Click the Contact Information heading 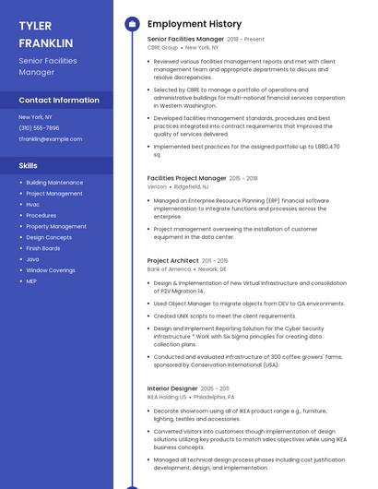click(x=59, y=100)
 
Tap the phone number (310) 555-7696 click(x=39, y=128)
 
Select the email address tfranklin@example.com click(x=51, y=138)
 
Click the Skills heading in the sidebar click(x=28, y=165)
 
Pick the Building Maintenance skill click(x=54, y=183)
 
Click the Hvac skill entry click(x=33, y=205)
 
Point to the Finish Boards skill click(x=43, y=248)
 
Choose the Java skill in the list click(x=32, y=259)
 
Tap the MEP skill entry click(x=31, y=281)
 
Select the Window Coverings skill click(x=51, y=270)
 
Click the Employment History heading click(x=195, y=24)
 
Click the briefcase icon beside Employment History click(x=132, y=24)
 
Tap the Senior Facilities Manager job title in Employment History click(x=185, y=40)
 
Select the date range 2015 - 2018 click(x=243, y=178)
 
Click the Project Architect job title click(x=172, y=261)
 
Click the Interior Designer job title click(x=171, y=388)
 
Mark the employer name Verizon click(x=157, y=186)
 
